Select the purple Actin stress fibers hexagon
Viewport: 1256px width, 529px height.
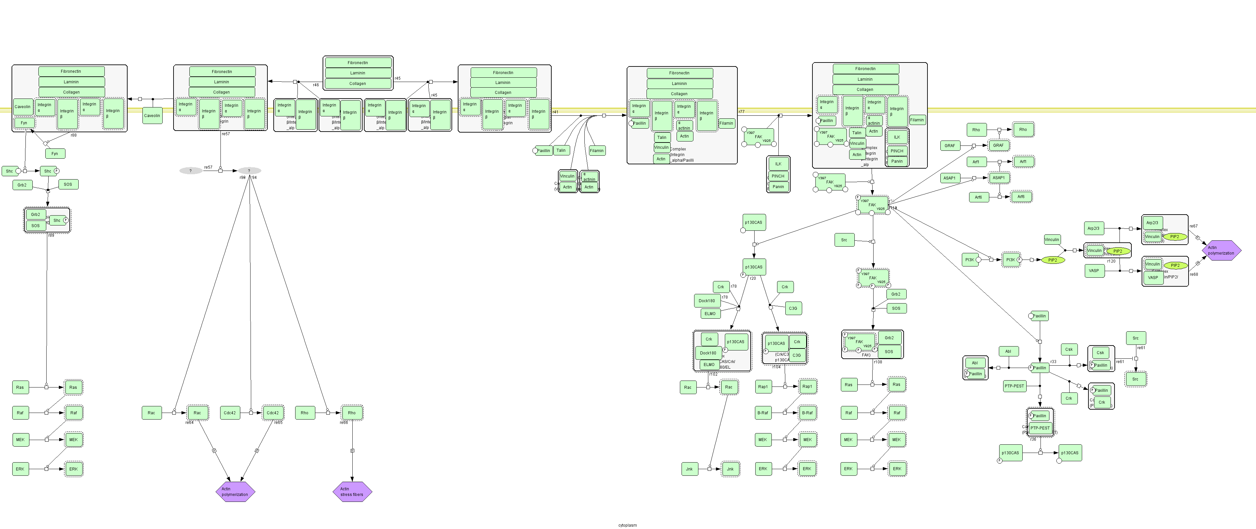pyautogui.click(x=352, y=491)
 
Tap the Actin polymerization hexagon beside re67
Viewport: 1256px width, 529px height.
pyautogui.click(x=1220, y=250)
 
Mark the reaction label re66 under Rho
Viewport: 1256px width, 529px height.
pyautogui.click(x=344, y=423)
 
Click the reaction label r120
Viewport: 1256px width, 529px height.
pyautogui.click(x=1111, y=261)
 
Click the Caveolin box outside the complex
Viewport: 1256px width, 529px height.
pyautogui.click(x=152, y=115)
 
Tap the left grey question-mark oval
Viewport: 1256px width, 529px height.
pyautogui.click(x=191, y=171)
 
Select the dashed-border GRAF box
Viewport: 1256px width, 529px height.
pyautogui.click(x=998, y=145)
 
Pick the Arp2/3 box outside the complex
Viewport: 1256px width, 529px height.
pyautogui.click(x=1093, y=228)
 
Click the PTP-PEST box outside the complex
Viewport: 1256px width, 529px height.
pyautogui.click(x=1014, y=386)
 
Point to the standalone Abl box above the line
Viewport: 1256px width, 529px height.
pyautogui.click(x=1008, y=351)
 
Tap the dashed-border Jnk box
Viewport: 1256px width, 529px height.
pyautogui.click(x=730, y=469)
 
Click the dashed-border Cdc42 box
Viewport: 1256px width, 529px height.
pyautogui.click(x=273, y=413)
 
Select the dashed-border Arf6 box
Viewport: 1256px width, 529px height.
pyautogui.click(x=1021, y=196)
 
